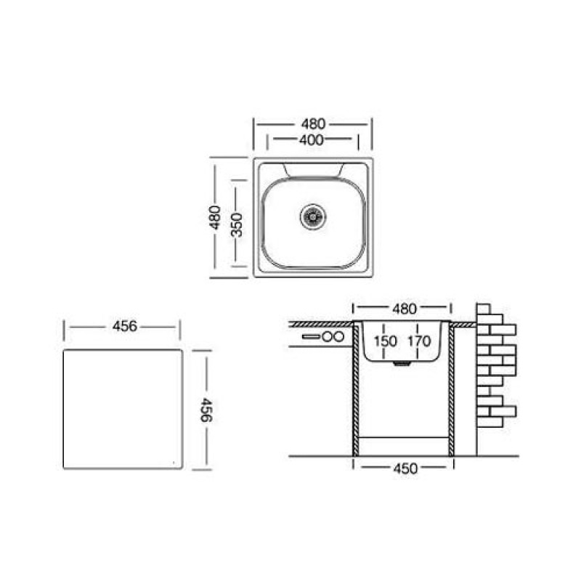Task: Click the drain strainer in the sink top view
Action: tap(313, 216)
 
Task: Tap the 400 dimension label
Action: tap(312, 140)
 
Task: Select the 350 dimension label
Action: tap(237, 224)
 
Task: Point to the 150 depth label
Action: tap(386, 341)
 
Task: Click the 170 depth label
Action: tap(419, 341)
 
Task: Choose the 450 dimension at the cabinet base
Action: tap(405, 468)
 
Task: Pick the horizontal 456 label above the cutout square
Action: tap(125, 326)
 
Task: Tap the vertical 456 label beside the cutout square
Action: tap(206, 410)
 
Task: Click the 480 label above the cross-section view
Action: tap(405, 308)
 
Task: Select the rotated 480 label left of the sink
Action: tap(214, 217)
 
